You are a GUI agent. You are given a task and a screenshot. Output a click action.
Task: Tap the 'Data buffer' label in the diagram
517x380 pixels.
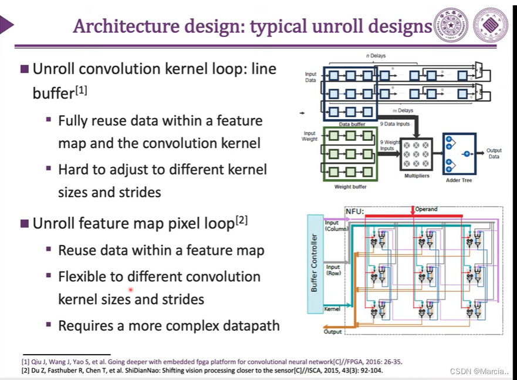(x=352, y=124)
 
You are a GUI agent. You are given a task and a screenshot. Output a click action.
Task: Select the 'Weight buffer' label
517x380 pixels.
(x=351, y=187)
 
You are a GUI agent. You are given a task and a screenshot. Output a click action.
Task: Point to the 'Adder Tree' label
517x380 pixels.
(x=458, y=180)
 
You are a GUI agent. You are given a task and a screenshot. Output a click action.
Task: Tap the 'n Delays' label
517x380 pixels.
(x=376, y=56)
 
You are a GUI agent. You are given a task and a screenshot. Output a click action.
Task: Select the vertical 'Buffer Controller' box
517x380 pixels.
(x=315, y=263)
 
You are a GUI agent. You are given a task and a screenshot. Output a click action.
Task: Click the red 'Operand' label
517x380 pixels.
(x=427, y=209)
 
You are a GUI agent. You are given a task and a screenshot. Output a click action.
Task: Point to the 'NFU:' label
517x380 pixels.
(x=354, y=211)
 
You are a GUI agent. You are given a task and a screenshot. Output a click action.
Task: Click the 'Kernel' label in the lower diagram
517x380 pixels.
(x=332, y=309)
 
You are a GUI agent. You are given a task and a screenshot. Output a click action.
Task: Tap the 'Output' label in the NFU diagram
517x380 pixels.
(x=333, y=332)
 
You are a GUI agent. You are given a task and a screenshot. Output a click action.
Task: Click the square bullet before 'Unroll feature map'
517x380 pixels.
(x=25, y=224)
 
